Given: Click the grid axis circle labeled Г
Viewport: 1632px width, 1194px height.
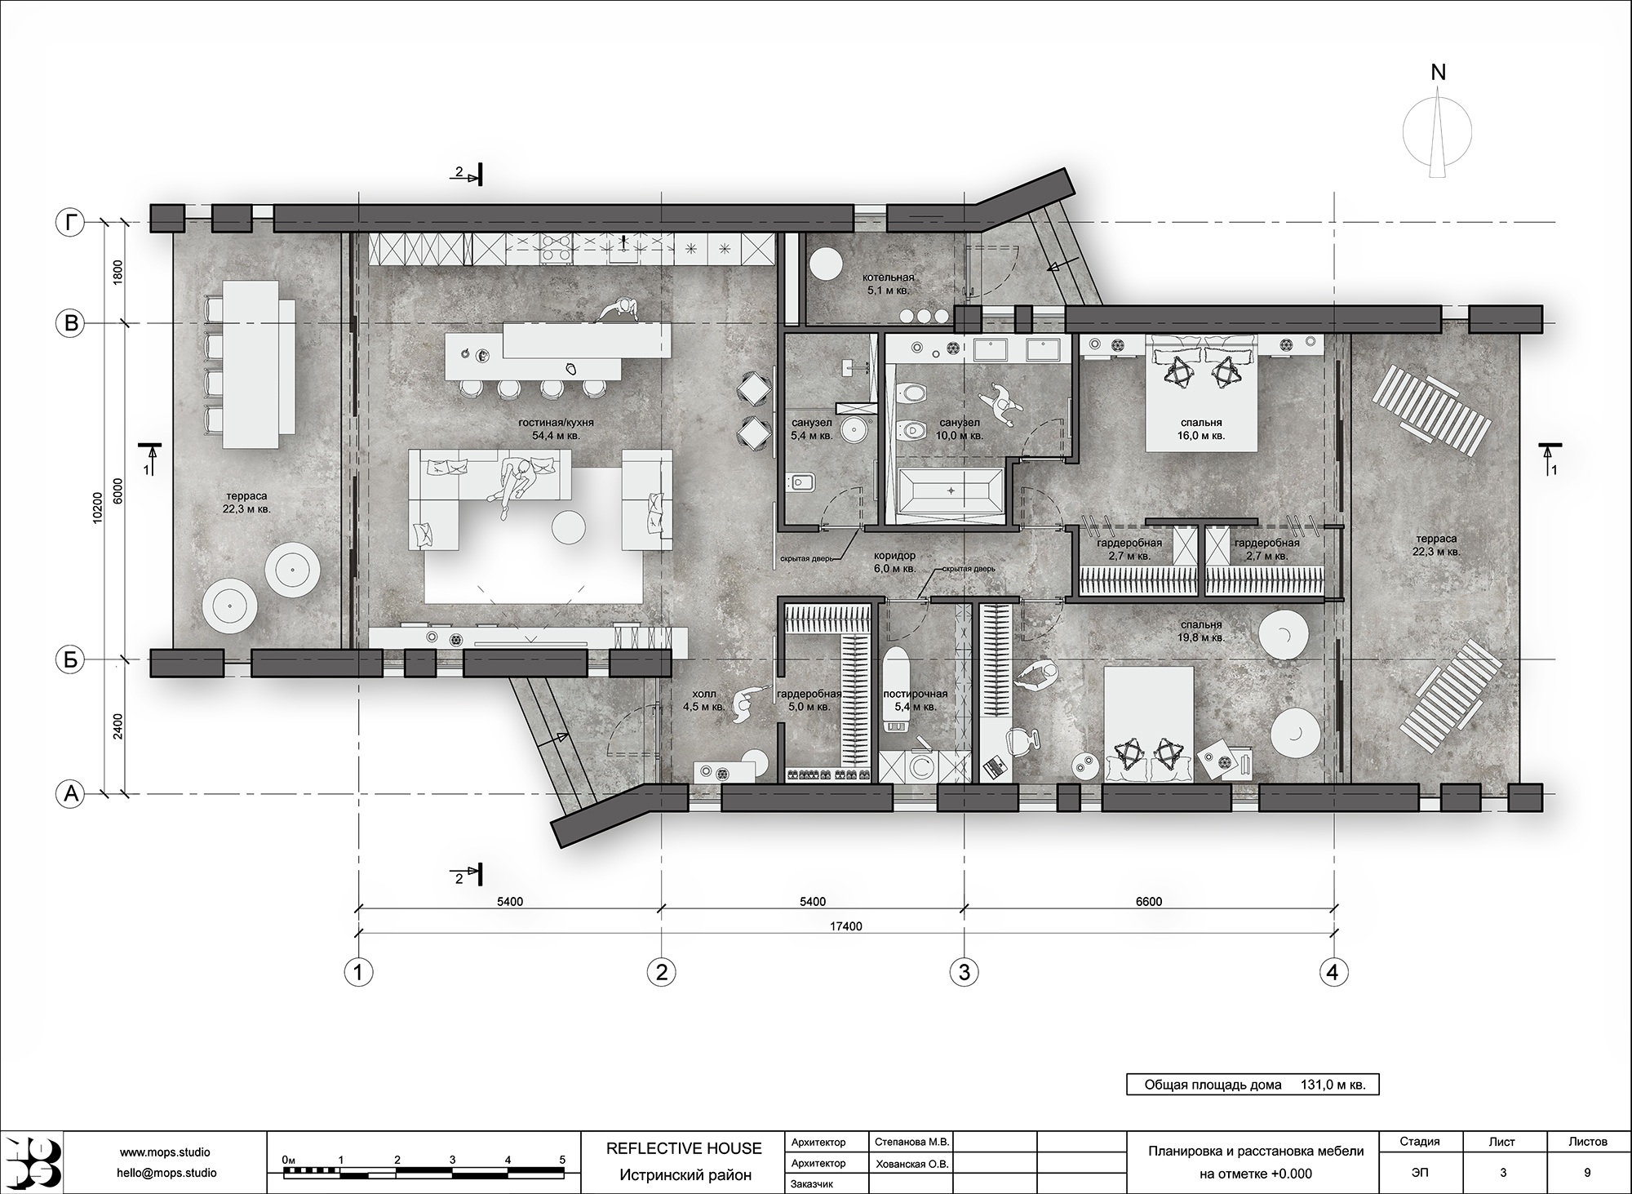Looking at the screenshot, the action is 71,223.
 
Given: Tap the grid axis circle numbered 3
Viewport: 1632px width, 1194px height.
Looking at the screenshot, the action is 965,972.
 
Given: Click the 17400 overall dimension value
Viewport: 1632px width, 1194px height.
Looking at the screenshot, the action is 846,926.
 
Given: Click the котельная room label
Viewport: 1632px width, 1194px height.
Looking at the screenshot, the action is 889,277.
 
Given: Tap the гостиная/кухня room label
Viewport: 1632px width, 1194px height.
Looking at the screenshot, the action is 556,424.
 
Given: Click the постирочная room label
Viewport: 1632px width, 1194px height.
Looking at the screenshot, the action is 916,694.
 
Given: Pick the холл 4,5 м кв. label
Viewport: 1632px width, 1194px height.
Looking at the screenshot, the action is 704,700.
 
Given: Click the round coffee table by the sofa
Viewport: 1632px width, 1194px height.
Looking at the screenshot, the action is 569,526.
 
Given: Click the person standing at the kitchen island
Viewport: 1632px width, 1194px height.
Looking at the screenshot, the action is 618,310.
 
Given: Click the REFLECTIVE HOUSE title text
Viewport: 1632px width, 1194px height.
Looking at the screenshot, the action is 684,1148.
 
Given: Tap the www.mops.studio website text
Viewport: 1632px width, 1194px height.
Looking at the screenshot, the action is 165,1152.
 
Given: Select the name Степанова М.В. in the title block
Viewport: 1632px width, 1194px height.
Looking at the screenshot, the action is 911,1142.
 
